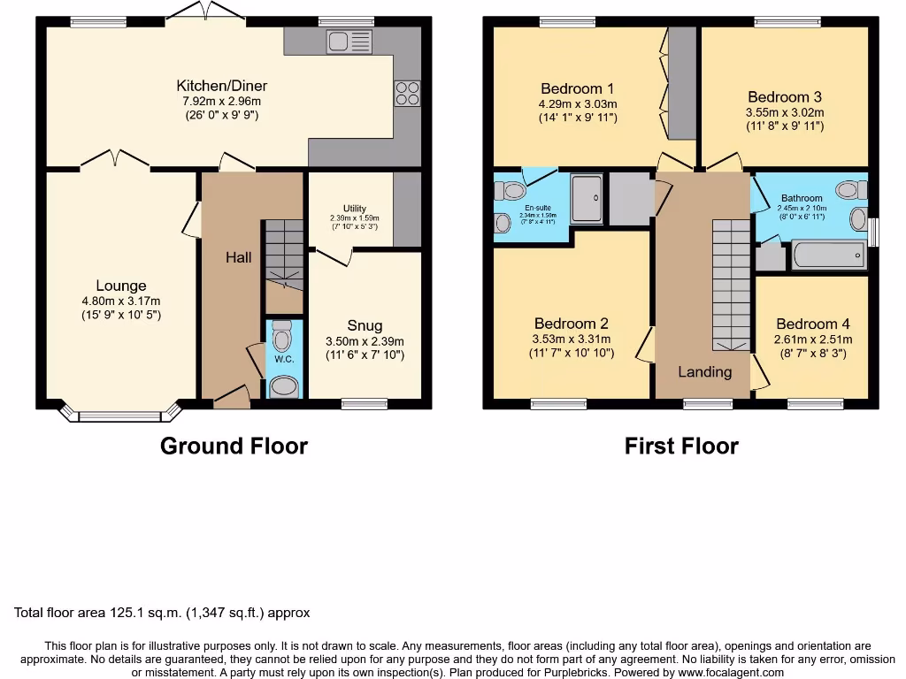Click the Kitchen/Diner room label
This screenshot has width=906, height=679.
[x=222, y=86]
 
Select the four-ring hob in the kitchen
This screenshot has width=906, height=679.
[x=407, y=93]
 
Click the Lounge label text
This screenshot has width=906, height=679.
[x=121, y=286]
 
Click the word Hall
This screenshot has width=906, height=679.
[x=238, y=257]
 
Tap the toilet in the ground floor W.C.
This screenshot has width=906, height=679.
[x=283, y=337]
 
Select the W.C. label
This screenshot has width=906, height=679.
[x=283, y=360]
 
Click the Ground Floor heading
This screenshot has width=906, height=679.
[x=234, y=446]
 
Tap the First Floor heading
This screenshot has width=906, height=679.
[x=681, y=446]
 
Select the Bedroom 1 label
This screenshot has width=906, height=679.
[x=577, y=88]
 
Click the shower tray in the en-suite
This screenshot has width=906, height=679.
[x=586, y=198]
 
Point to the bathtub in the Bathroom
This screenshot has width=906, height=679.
[x=829, y=256]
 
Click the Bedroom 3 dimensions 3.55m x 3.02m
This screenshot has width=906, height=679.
[x=785, y=112]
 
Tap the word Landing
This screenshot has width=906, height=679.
[x=704, y=371]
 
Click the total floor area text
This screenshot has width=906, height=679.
[x=162, y=612]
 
